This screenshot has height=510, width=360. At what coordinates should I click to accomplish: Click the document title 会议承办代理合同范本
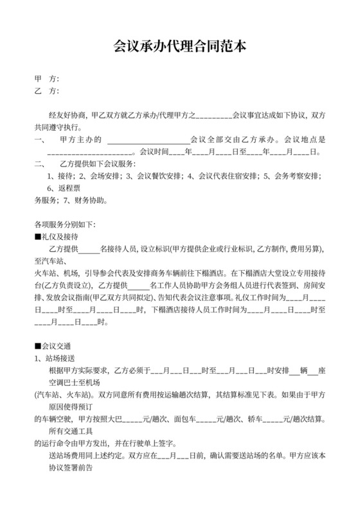pos(179,47)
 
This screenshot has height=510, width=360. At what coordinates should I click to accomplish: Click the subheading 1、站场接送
pos(55,358)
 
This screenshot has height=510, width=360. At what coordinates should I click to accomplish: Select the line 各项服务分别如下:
pos(64,224)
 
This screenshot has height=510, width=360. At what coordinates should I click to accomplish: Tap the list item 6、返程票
pos(63,188)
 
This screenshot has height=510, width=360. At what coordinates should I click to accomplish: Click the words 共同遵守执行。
pos(57,127)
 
